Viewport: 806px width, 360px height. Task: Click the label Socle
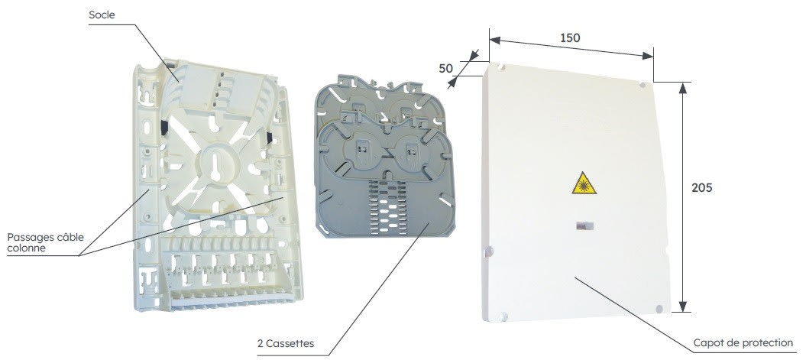(102, 15)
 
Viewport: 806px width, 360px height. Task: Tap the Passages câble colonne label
(45, 243)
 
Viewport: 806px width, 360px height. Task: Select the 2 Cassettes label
(285, 343)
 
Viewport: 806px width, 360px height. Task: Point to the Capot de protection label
(743, 342)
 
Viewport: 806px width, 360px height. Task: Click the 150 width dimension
(570, 37)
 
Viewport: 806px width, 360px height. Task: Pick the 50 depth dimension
(446, 68)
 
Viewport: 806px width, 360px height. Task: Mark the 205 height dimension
(701, 188)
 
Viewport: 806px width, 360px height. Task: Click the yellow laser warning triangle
(584, 183)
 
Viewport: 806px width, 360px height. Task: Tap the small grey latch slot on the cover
(584, 225)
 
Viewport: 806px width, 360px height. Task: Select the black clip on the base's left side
(163, 128)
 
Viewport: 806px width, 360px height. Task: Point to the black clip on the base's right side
(269, 138)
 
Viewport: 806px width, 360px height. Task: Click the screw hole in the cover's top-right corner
(642, 84)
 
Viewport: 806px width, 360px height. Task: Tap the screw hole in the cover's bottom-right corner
(659, 309)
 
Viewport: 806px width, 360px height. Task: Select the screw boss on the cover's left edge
(489, 251)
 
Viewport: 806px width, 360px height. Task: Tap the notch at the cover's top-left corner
(502, 66)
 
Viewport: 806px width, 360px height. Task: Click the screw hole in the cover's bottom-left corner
(503, 316)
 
